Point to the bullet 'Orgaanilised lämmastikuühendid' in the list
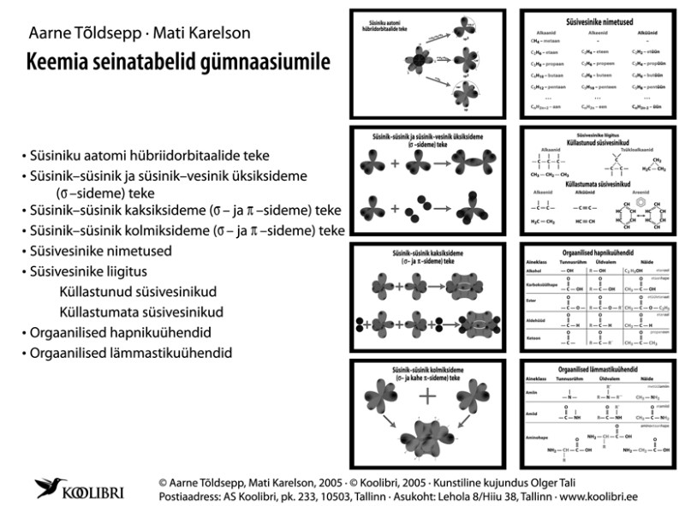tap(129, 352)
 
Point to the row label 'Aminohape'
tap(536, 438)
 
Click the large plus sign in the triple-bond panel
tap(426, 396)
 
